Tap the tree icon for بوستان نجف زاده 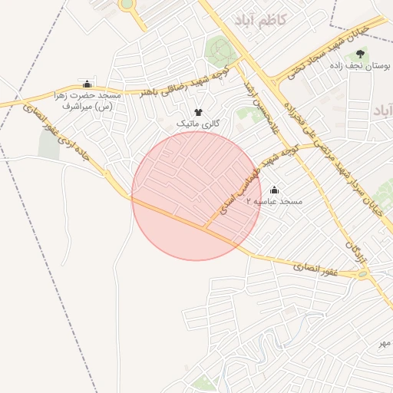pos(360,53)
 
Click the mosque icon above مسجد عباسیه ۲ pos(275,189)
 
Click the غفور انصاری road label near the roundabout pos(315,268)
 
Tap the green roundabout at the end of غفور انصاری pos(362,273)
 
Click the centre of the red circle pos(196,196)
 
